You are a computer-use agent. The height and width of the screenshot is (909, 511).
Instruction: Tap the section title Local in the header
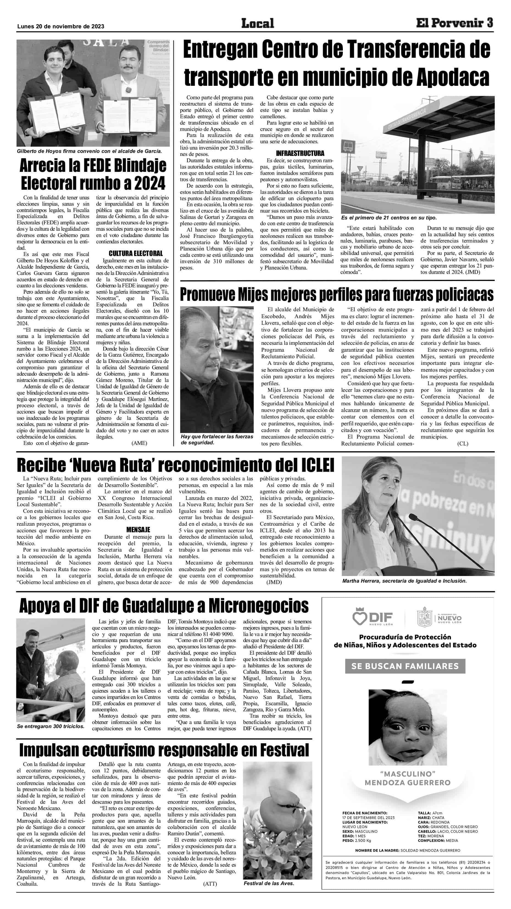257,24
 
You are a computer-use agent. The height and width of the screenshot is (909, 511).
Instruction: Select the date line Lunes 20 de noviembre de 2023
60,26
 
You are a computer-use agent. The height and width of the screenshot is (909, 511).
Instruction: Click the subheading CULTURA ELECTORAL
135,253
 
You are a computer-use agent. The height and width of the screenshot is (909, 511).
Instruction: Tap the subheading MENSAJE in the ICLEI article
138,530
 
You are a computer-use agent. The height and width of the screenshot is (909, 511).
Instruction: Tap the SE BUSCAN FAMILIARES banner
405,666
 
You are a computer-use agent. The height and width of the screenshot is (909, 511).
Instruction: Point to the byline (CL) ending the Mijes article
463,444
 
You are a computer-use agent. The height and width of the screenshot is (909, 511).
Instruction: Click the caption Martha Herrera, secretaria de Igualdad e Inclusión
404,581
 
